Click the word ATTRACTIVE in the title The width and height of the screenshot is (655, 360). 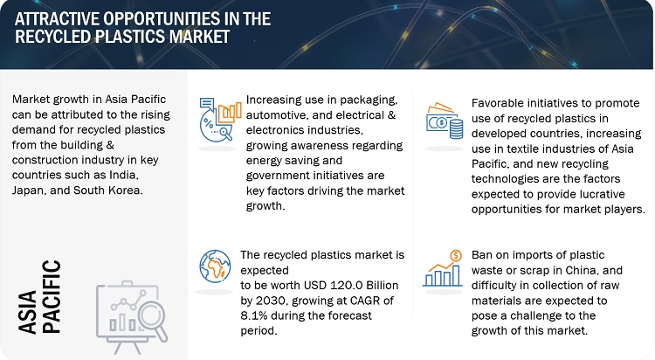[x=57, y=19]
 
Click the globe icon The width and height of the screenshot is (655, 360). [x=215, y=266]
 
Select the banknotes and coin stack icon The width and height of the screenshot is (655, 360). [x=445, y=121]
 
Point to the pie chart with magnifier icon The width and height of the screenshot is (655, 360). [x=220, y=120]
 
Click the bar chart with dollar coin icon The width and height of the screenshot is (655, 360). [x=443, y=268]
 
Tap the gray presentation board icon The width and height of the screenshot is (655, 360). [x=132, y=316]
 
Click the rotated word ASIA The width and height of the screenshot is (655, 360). [x=28, y=312]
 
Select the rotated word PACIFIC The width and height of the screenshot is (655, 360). [x=52, y=296]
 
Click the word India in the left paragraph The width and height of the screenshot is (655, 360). [x=125, y=175]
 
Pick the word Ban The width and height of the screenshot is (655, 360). [x=482, y=255]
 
